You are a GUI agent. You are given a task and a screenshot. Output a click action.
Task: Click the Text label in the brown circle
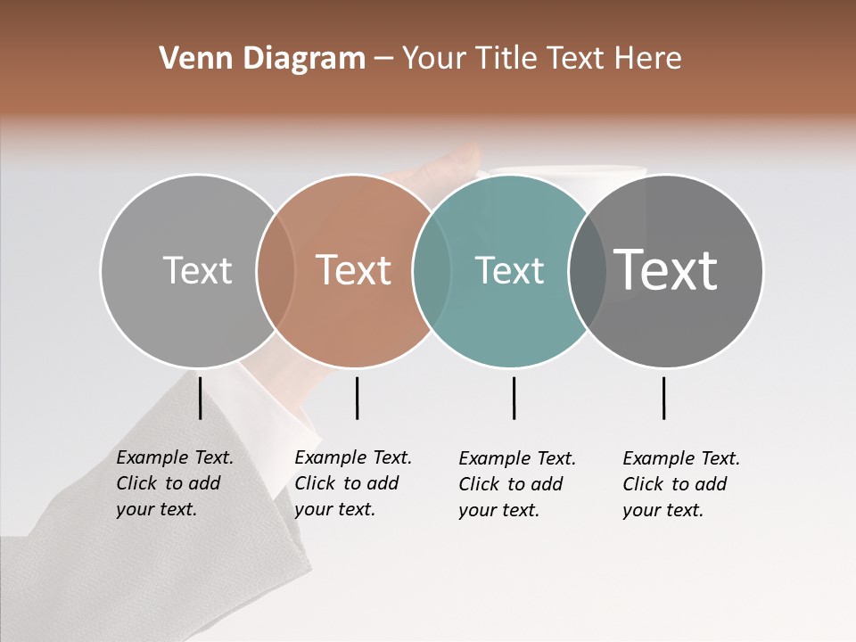tap(354, 270)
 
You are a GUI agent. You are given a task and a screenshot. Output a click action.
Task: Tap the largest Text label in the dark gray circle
tap(666, 269)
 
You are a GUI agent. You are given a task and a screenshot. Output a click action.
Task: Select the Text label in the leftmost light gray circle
tap(198, 270)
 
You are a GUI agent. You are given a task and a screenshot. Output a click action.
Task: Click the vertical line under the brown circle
tap(357, 398)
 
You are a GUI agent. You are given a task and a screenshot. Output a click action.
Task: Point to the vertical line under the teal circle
tap(514, 398)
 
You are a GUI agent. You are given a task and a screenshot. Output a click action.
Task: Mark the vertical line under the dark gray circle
tap(664, 398)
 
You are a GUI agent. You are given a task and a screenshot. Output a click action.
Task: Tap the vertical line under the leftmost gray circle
tap(201, 398)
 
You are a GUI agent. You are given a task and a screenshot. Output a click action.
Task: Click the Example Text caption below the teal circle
tap(517, 484)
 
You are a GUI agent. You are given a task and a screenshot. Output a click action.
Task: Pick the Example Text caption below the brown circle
tap(353, 483)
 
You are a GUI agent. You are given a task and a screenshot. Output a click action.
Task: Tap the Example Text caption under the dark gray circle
tap(681, 484)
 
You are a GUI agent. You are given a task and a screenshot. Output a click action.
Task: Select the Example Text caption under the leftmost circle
tap(175, 483)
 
